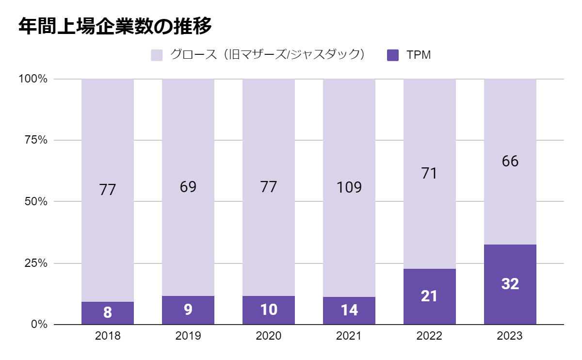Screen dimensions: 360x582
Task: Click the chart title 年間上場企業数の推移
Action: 115,26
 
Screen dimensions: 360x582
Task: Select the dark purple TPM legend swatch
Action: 393,55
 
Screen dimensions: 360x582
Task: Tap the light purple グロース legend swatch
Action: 157,55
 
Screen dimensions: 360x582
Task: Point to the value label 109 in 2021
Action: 349,187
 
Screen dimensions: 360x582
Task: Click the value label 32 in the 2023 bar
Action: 510,284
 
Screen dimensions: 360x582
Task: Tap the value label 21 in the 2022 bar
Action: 430,296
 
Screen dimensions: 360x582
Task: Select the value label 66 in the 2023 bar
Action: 510,162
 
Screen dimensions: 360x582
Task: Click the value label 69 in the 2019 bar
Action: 188,187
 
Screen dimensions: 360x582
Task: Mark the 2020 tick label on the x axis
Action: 269,336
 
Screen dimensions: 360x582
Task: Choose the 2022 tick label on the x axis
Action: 430,336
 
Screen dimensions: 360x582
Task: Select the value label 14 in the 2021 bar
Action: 349,311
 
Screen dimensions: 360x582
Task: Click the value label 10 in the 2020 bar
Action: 269,310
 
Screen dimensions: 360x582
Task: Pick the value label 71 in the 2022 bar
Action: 430,173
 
